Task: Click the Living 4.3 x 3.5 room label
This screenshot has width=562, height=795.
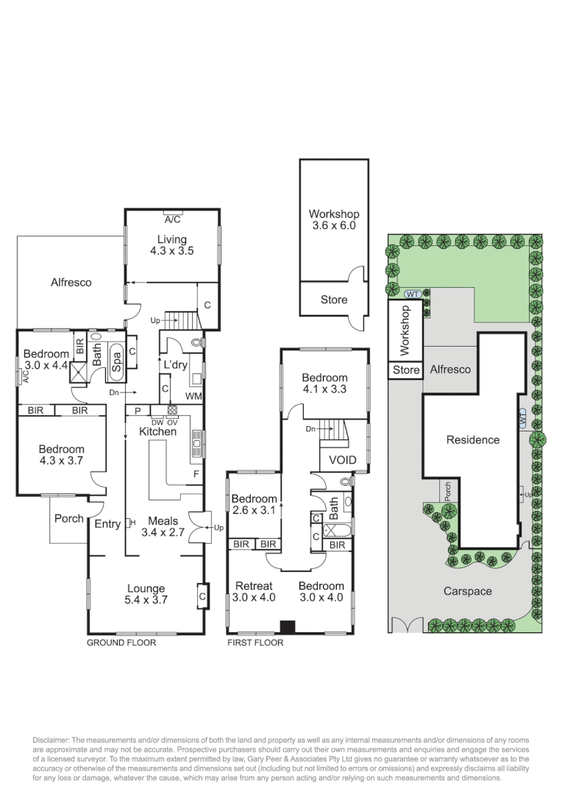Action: tap(171, 244)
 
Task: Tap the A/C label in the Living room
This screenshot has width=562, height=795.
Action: tap(172, 219)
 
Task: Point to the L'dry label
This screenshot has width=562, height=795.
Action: tap(174, 364)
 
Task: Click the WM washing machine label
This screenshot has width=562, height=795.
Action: tap(193, 397)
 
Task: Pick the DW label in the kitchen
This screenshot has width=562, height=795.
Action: tap(157, 422)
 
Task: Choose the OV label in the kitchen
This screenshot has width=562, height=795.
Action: tap(173, 422)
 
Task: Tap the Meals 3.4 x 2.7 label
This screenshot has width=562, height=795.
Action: tap(162, 526)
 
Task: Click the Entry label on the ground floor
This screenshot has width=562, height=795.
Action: tap(107, 524)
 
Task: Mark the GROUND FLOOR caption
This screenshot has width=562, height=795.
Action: tap(121, 643)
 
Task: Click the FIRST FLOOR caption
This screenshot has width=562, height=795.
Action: tap(255, 643)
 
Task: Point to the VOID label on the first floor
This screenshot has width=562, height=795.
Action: tap(342, 460)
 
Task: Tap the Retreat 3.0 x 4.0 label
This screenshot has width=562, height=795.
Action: tap(255, 592)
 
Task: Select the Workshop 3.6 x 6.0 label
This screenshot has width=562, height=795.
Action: tap(333, 220)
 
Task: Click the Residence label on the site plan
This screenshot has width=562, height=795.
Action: tap(473, 440)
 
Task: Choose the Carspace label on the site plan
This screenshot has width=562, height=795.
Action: tap(467, 591)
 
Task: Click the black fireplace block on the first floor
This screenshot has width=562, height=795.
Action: tap(288, 627)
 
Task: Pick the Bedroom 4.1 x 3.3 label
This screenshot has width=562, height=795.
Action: tap(324, 383)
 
